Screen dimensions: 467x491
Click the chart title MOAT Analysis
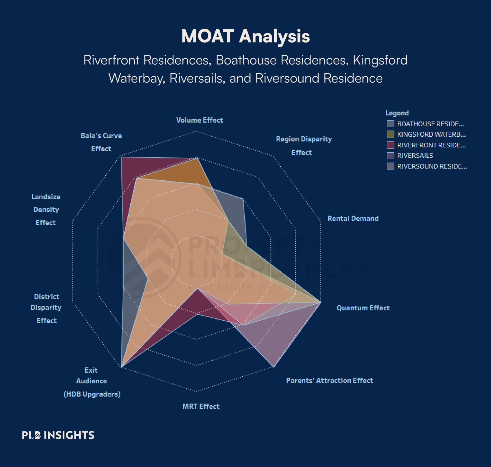tap(245, 36)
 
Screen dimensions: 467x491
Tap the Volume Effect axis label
tap(200, 120)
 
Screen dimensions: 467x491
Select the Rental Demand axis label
tap(353, 218)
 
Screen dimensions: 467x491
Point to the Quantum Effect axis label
tap(363, 308)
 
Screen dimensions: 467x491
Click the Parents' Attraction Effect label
tap(329, 381)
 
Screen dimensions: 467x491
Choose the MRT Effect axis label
tap(201, 406)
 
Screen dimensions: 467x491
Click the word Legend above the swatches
tap(397, 113)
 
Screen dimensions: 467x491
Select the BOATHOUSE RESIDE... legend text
tap(431, 124)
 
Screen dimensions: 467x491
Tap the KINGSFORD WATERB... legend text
tap(431, 134)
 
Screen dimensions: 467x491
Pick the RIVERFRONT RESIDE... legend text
tap(431, 145)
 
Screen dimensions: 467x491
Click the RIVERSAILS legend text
tap(415, 156)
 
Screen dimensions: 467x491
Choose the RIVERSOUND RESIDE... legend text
tap(432, 166)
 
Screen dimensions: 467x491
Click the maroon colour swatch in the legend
tap(390, 145)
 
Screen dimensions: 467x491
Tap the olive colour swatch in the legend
tap(390, 134)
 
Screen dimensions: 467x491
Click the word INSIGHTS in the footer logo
tap(69, 435)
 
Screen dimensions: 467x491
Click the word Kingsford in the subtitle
tap(380, 60)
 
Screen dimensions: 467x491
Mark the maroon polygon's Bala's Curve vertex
tap(121, 157)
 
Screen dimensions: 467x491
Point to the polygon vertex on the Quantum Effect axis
tap(320, 302)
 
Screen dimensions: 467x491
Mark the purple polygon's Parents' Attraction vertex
tap(274, 367)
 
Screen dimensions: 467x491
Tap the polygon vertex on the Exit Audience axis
tap(121, 367)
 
